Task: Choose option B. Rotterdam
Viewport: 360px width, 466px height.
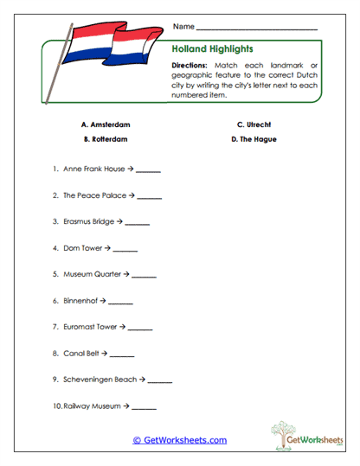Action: point(106,139)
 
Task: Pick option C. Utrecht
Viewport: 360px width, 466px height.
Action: point(254,124)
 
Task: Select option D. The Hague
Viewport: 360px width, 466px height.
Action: point(254,139)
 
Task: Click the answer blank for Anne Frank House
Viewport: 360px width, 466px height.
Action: point(148,171)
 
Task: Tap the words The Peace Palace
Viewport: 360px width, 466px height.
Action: point(94,195)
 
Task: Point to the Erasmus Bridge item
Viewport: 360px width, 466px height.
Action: point(88,221)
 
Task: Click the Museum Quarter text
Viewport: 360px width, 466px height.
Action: point(92,274)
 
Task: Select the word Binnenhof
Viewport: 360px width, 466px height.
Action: point(80,301)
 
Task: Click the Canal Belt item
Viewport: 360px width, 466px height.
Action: point(80,354)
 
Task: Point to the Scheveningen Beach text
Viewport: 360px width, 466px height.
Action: point(100,380)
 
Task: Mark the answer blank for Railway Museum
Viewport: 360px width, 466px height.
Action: point(145,406)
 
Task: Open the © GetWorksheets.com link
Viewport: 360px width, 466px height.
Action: point(180,440)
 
